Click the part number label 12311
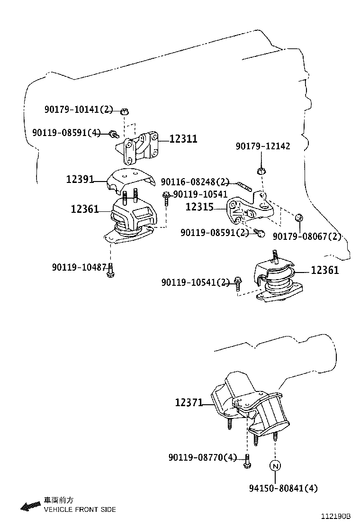pyautogui.click(x=183, y=139)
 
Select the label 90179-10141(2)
pyautogui.click(x=79, y=109)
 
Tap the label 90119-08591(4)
pyautogui.click(x=67, y=133)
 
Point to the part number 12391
pyautogui.click(x=80, y=179)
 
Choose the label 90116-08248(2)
pyautogui.click(x=195, y=182)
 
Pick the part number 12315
pyautogui.click(x=199, y=207)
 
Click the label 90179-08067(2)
pyautogui.click(x=307, y=236)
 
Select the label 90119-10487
pyautogui.click(x=79, y=268)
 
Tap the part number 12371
pyautogui.click(x=189, y=403)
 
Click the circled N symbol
pyautogui.click(x=275, y=465)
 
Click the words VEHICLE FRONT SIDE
pyautogui.click(x=80, y=509)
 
